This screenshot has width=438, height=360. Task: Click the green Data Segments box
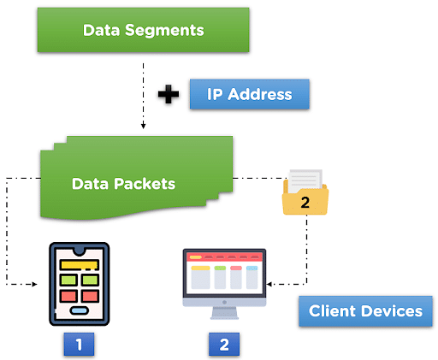[143, 30]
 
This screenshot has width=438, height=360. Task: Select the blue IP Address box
[250, 94]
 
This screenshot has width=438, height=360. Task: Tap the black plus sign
[169, 94]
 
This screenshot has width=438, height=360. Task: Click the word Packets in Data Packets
[145, 184]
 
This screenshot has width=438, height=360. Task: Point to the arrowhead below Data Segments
[144, 126]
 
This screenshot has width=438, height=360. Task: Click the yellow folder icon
[305, 192]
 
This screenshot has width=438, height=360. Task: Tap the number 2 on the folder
[305, 203]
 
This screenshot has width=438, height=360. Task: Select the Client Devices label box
[365, 311]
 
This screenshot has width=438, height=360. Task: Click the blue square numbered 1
[79, 344]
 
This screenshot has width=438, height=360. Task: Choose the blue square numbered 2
[224, 344]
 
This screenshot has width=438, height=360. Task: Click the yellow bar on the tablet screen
[80, 265]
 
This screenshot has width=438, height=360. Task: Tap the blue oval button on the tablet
[80, 310]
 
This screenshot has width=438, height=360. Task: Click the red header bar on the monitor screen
[224, 257]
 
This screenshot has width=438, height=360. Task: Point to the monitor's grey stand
[224, 313]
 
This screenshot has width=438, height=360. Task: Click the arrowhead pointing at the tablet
[34, 284]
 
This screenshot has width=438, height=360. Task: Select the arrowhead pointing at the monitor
[269, 284]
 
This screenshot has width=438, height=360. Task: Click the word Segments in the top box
[164, 31]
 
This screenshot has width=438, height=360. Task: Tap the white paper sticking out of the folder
[305, 180]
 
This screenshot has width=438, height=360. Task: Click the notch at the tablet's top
[80, 251]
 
